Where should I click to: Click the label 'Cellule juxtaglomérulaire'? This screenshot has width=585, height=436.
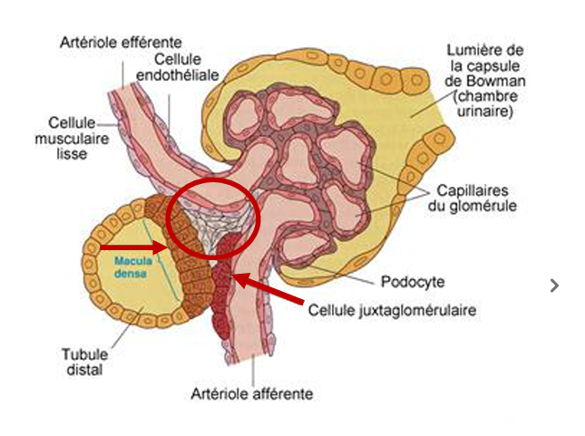tap(393, 309)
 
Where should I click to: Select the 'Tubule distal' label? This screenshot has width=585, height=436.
tap(83, 363)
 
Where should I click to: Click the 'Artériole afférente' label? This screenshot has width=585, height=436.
tap(252, 393)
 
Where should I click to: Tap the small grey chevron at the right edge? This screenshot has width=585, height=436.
tap(555, 286)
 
